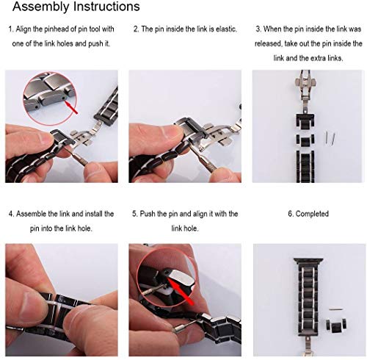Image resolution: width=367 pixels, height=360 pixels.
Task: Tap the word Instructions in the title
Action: point(102,7)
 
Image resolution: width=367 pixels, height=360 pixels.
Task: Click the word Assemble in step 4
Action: point(35,214)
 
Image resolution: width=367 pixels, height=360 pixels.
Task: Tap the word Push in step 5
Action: point(151,214)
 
